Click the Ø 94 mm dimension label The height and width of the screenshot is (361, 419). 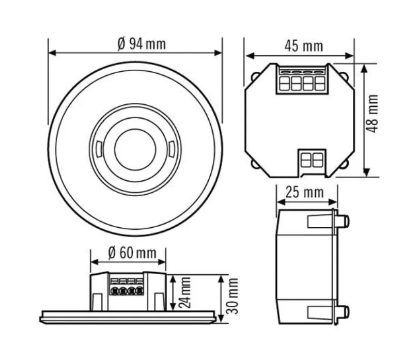(x=142, y=44)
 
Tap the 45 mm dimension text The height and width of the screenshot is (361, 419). (x=304, y=46)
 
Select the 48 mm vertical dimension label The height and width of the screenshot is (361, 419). (x=372, y=114)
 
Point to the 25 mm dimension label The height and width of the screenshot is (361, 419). (x=305, y=193)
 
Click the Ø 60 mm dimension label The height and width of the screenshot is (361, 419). (x=132, y=253)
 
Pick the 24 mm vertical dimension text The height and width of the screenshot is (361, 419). (x=184, y=292)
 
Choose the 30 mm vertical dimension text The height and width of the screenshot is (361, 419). (x=232, y=296)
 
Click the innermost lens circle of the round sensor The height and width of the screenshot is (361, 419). (x=135, y=150)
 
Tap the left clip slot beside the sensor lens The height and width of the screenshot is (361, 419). (x=99, y=149)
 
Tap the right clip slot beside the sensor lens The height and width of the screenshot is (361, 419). (x=172, y=149)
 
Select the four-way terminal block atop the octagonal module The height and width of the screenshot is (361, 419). (x=302, y=80)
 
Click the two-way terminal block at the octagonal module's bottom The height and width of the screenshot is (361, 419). (x=312, y=160)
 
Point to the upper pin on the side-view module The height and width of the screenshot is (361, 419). (x=344, y=221)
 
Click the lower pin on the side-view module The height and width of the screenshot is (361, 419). (x=344, y=311)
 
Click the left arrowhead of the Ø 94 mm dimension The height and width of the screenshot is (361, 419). (x=52, y=53)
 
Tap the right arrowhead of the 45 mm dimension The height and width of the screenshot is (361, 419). (x=350, y=56)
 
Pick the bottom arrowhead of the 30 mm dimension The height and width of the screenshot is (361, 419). (x=221, y=318)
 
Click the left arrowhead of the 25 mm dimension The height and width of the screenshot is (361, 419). (x=281, y=202)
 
